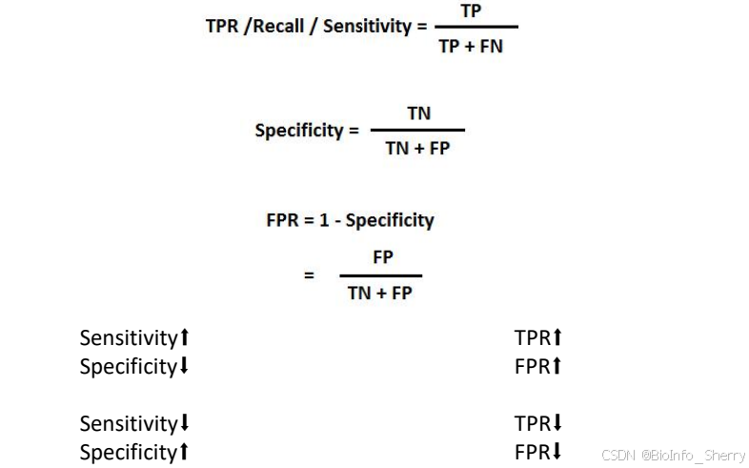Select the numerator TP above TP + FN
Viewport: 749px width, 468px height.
tap(471, 10)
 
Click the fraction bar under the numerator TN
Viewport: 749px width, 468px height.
tap(417, 131)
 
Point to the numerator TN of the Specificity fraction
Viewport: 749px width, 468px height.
tap(418, 113)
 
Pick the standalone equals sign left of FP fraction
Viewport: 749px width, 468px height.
tap(309, 275)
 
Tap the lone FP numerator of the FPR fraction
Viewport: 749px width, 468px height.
tap(382, 257)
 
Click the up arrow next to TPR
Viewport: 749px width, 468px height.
tap(558, 337)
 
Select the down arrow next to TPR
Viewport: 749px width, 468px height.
tap(558, 423)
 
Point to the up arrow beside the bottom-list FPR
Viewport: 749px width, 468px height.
tap(557, 366)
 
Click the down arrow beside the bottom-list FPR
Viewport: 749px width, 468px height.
tap(557, 452)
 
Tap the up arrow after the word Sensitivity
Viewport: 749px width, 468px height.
tap(186, 337)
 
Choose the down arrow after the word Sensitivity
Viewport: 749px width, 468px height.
tap(185, 423)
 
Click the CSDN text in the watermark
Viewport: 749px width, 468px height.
tap(618, 456)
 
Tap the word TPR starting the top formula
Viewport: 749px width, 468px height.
tap(222, 26)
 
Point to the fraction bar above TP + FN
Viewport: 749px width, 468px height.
tap(471, 28)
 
